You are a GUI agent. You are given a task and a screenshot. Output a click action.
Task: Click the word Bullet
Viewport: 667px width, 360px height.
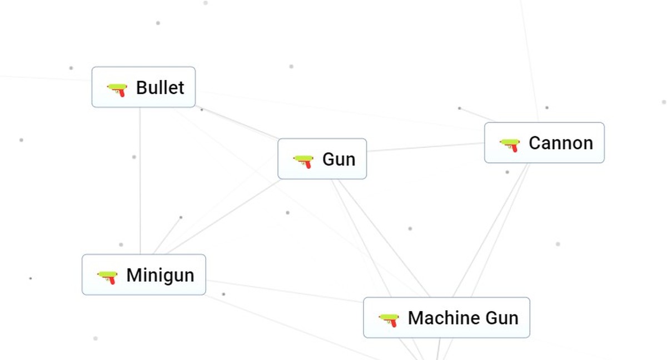pyautogui.click(x=160, y=88)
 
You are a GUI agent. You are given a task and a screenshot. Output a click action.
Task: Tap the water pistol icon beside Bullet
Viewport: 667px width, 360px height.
pyautogui.click(x=117, y=88)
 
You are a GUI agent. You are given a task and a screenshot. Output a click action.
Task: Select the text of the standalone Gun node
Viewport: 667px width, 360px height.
pyautogui.click(x=339, y=159)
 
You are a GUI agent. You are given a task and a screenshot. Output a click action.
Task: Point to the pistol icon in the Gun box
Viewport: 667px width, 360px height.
pyautogui.click(x=303, y=161)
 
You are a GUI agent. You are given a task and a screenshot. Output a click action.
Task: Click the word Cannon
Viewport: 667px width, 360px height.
pyautogui.click(x=560, y=143)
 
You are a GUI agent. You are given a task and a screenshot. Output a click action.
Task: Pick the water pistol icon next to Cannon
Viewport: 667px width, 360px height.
pyautogui.click(x=510, y=144)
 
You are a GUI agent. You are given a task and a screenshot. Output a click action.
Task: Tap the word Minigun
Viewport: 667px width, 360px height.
pyautogui.click(x=160, y=275)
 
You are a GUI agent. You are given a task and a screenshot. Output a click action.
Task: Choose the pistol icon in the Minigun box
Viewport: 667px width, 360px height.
pyautogui.click(x=107, y=276)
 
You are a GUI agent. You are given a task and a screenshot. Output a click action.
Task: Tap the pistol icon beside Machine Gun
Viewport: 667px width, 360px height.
pyautogui.click(x=389, y=319)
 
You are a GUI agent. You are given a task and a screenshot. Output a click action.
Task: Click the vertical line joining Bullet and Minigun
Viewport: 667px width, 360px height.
pyautogui.click(x=140, y=183)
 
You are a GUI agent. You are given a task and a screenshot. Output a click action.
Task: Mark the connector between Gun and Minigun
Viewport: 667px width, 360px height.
pyautogui.click(x=222, y=217)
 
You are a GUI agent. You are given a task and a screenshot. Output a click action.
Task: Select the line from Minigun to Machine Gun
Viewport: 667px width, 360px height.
pyautogui.click(x=283, y=292)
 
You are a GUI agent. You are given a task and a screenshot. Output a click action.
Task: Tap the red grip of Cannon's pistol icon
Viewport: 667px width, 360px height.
pyautogui.click(x=515, y=148)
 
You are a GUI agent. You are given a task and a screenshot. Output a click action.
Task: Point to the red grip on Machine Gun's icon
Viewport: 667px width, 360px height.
pyautogui.click(x=394, y=323)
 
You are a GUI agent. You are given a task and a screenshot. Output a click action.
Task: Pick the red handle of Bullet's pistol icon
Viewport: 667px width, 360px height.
pyautogui.click(x=122, y=92)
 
